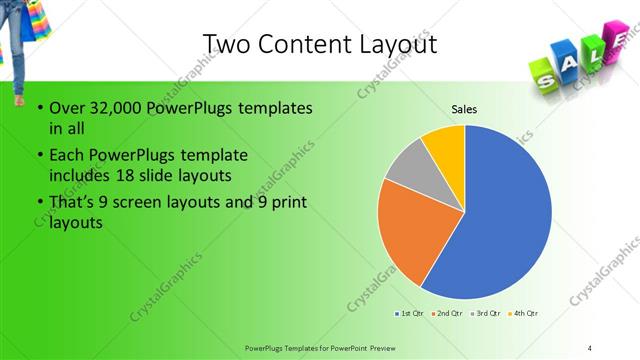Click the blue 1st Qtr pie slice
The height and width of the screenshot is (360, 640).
click(505, 215)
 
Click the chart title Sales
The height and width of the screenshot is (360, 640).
click(464, 108)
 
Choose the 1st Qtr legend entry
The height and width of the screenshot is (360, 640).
click(411, 314)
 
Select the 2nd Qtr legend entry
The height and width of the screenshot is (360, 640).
click(447, 314)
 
